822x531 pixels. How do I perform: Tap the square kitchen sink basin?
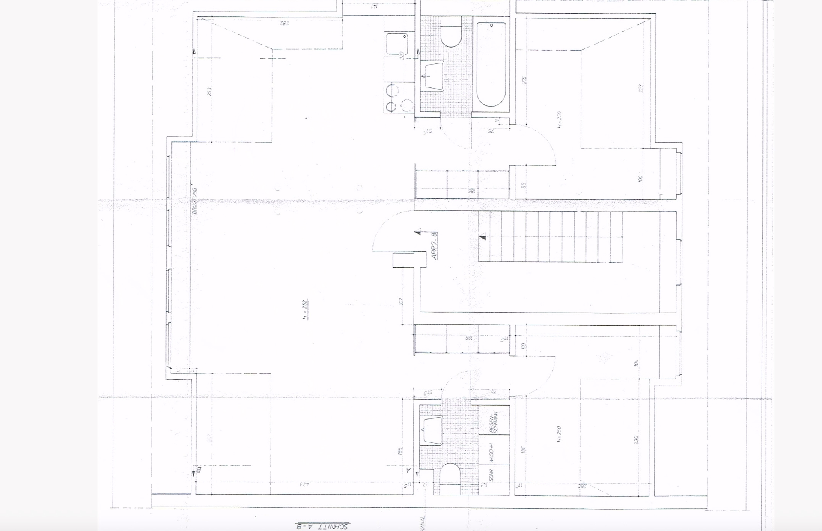396,43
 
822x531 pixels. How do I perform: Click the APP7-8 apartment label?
435,246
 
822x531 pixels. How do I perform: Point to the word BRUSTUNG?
194,201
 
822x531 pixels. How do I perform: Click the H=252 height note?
305,310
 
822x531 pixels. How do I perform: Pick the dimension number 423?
304,485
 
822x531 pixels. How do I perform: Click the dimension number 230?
636,439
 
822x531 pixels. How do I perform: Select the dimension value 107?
401,301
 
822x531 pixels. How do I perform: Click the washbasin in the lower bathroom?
432,430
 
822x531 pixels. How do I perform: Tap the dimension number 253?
209,92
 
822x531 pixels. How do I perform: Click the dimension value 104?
637,363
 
